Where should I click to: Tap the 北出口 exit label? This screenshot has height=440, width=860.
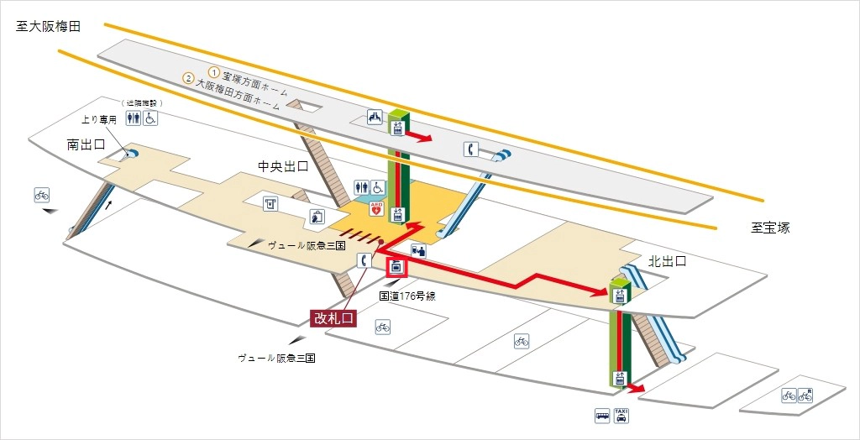coord(668,262)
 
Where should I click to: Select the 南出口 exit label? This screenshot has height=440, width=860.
coord(87,145)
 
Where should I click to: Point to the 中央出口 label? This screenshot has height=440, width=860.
coord(283,166)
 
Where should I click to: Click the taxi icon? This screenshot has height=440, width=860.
coord(621,415)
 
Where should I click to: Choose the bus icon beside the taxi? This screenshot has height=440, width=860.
coord(603,415)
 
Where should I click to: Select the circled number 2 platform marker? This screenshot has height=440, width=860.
coord(188,79)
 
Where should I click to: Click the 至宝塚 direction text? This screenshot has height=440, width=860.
coord(770,228)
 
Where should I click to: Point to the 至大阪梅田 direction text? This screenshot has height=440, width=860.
coord(48,27)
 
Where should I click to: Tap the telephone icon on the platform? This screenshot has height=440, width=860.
coord(471,149)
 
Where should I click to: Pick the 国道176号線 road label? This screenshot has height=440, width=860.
coord(407,296)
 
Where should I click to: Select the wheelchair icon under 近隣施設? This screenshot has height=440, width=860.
coord(149,118)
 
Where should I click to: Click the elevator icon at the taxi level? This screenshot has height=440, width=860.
coord(621,379)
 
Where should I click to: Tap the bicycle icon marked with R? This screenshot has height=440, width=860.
coord(805,395)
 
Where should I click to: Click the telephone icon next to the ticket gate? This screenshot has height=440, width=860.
coord(364,260)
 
